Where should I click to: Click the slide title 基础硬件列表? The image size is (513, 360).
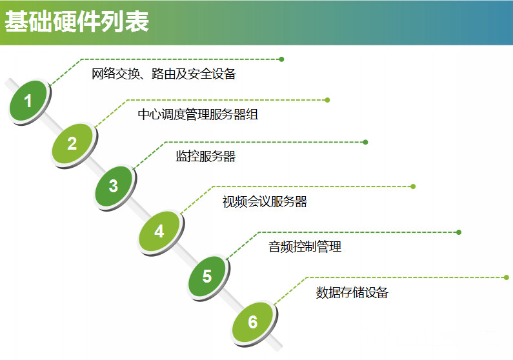click(77, 21)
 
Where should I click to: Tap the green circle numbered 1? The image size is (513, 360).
click(29, 101)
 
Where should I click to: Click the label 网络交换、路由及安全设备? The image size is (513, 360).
click(164, 74)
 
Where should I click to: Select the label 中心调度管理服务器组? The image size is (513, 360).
click(198, 114)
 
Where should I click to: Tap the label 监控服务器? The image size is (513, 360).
click(205, 156)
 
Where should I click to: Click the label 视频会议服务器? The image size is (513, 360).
click(265, 201)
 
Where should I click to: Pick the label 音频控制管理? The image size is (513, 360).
click(305, 246)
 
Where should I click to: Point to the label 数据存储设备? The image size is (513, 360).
click(352, 292)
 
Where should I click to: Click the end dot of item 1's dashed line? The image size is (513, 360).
click(281, 59)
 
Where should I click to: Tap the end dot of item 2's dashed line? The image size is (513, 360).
click(327, 100)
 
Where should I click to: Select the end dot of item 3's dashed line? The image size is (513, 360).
click(365, 142)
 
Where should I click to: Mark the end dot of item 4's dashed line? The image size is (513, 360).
click(413, 186)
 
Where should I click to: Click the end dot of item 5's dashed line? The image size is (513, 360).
click(459, 232)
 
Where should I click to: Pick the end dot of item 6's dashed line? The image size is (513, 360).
click(507, 277)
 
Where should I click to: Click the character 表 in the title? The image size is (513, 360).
click(137, 21)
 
